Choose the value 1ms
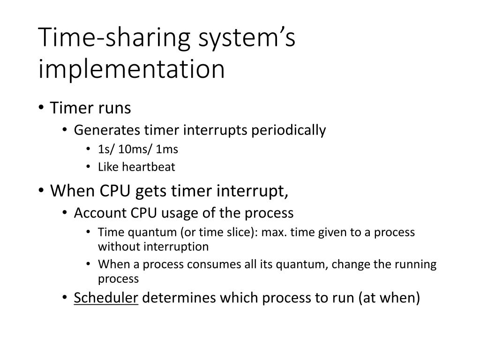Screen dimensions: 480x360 167,149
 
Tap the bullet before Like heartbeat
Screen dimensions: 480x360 89,166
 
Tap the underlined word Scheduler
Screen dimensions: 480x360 106,298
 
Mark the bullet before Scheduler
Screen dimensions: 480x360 65,299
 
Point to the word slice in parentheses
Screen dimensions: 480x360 227,232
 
